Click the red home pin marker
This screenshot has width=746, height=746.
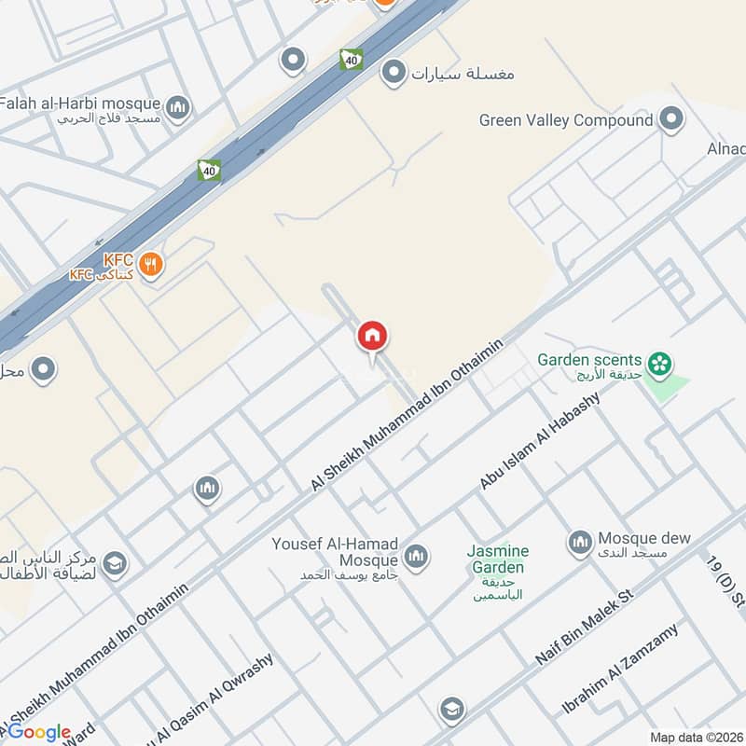(372, 336)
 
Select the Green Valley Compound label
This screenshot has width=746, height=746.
(565, 120)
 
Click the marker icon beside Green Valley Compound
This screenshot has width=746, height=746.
(670, 119)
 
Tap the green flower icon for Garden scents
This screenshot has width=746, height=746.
(660, 363)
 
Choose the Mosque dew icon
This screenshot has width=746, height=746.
(580, 541)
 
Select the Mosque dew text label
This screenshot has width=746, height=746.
(644, 538)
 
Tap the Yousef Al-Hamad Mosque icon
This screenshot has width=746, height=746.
(416, 557)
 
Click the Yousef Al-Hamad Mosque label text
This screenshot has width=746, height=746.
(335, 552)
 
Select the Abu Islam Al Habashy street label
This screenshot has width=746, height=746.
(540, 439)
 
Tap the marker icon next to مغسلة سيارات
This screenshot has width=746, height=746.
(394, 71)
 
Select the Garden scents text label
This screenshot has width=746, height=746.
(590, 360)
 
